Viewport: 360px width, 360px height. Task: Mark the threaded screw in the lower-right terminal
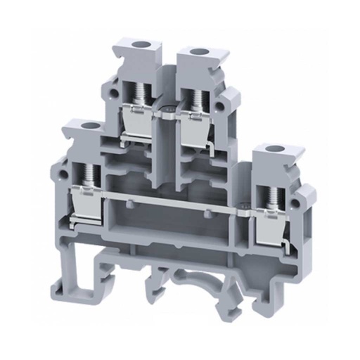(269, 196)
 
